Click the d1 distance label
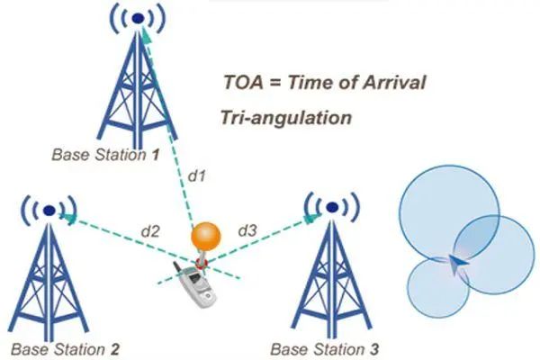coord(196,176)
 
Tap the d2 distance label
coord(150,231)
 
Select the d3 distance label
coord(247,230)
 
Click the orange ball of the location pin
coord(206,237)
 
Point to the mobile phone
coord(195,284)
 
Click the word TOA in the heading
coord(243,83)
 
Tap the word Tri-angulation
coord(286,118)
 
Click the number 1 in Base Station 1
coord(156,155)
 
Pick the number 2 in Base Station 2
coord(114,349)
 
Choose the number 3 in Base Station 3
coord(374,349)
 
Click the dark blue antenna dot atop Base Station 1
coord(138,19)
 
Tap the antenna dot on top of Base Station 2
coord(49,210)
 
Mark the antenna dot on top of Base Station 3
coord(331,207)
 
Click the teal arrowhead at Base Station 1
coord(146,36)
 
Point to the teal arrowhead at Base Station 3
coord(311,218)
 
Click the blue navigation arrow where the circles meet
coord(457,264)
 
